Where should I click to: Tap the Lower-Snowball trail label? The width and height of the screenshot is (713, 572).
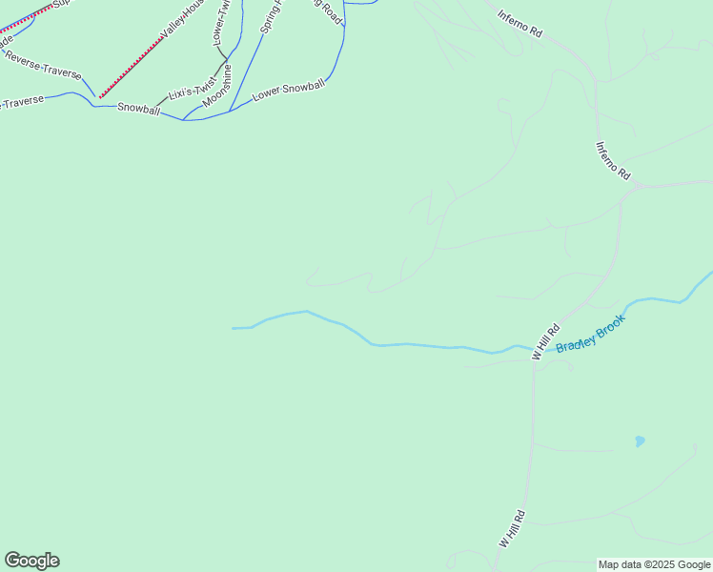tap(289, 92)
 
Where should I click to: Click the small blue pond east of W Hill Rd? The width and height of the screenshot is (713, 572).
tap(640, 441)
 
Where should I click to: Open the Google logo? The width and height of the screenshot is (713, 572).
tap(31, 561)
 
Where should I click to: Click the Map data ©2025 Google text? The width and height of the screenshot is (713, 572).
tap(654, 564)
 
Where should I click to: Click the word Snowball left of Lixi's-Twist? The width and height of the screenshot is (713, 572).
tap(138, 109)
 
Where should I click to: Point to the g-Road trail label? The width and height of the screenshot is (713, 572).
tap(328, 11)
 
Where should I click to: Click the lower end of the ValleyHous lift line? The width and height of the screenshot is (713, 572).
tap(100, 97)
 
